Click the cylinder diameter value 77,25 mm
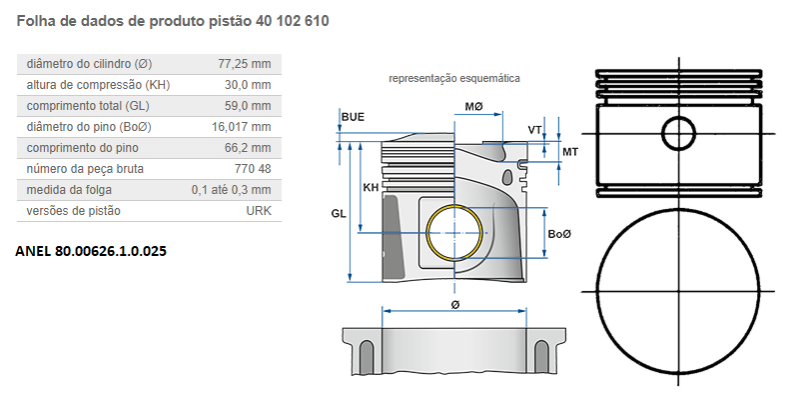244,64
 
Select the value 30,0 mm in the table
247,85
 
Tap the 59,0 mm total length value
247,106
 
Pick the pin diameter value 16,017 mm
241,127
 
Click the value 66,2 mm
247,148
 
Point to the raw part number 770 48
251,169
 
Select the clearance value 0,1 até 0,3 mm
231,190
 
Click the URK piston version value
258,211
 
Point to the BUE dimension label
353,117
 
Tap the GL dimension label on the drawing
339,213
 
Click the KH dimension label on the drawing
371,187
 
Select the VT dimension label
535,130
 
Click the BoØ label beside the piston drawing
559,233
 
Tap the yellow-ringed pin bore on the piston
454,233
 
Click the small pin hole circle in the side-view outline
680,132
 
